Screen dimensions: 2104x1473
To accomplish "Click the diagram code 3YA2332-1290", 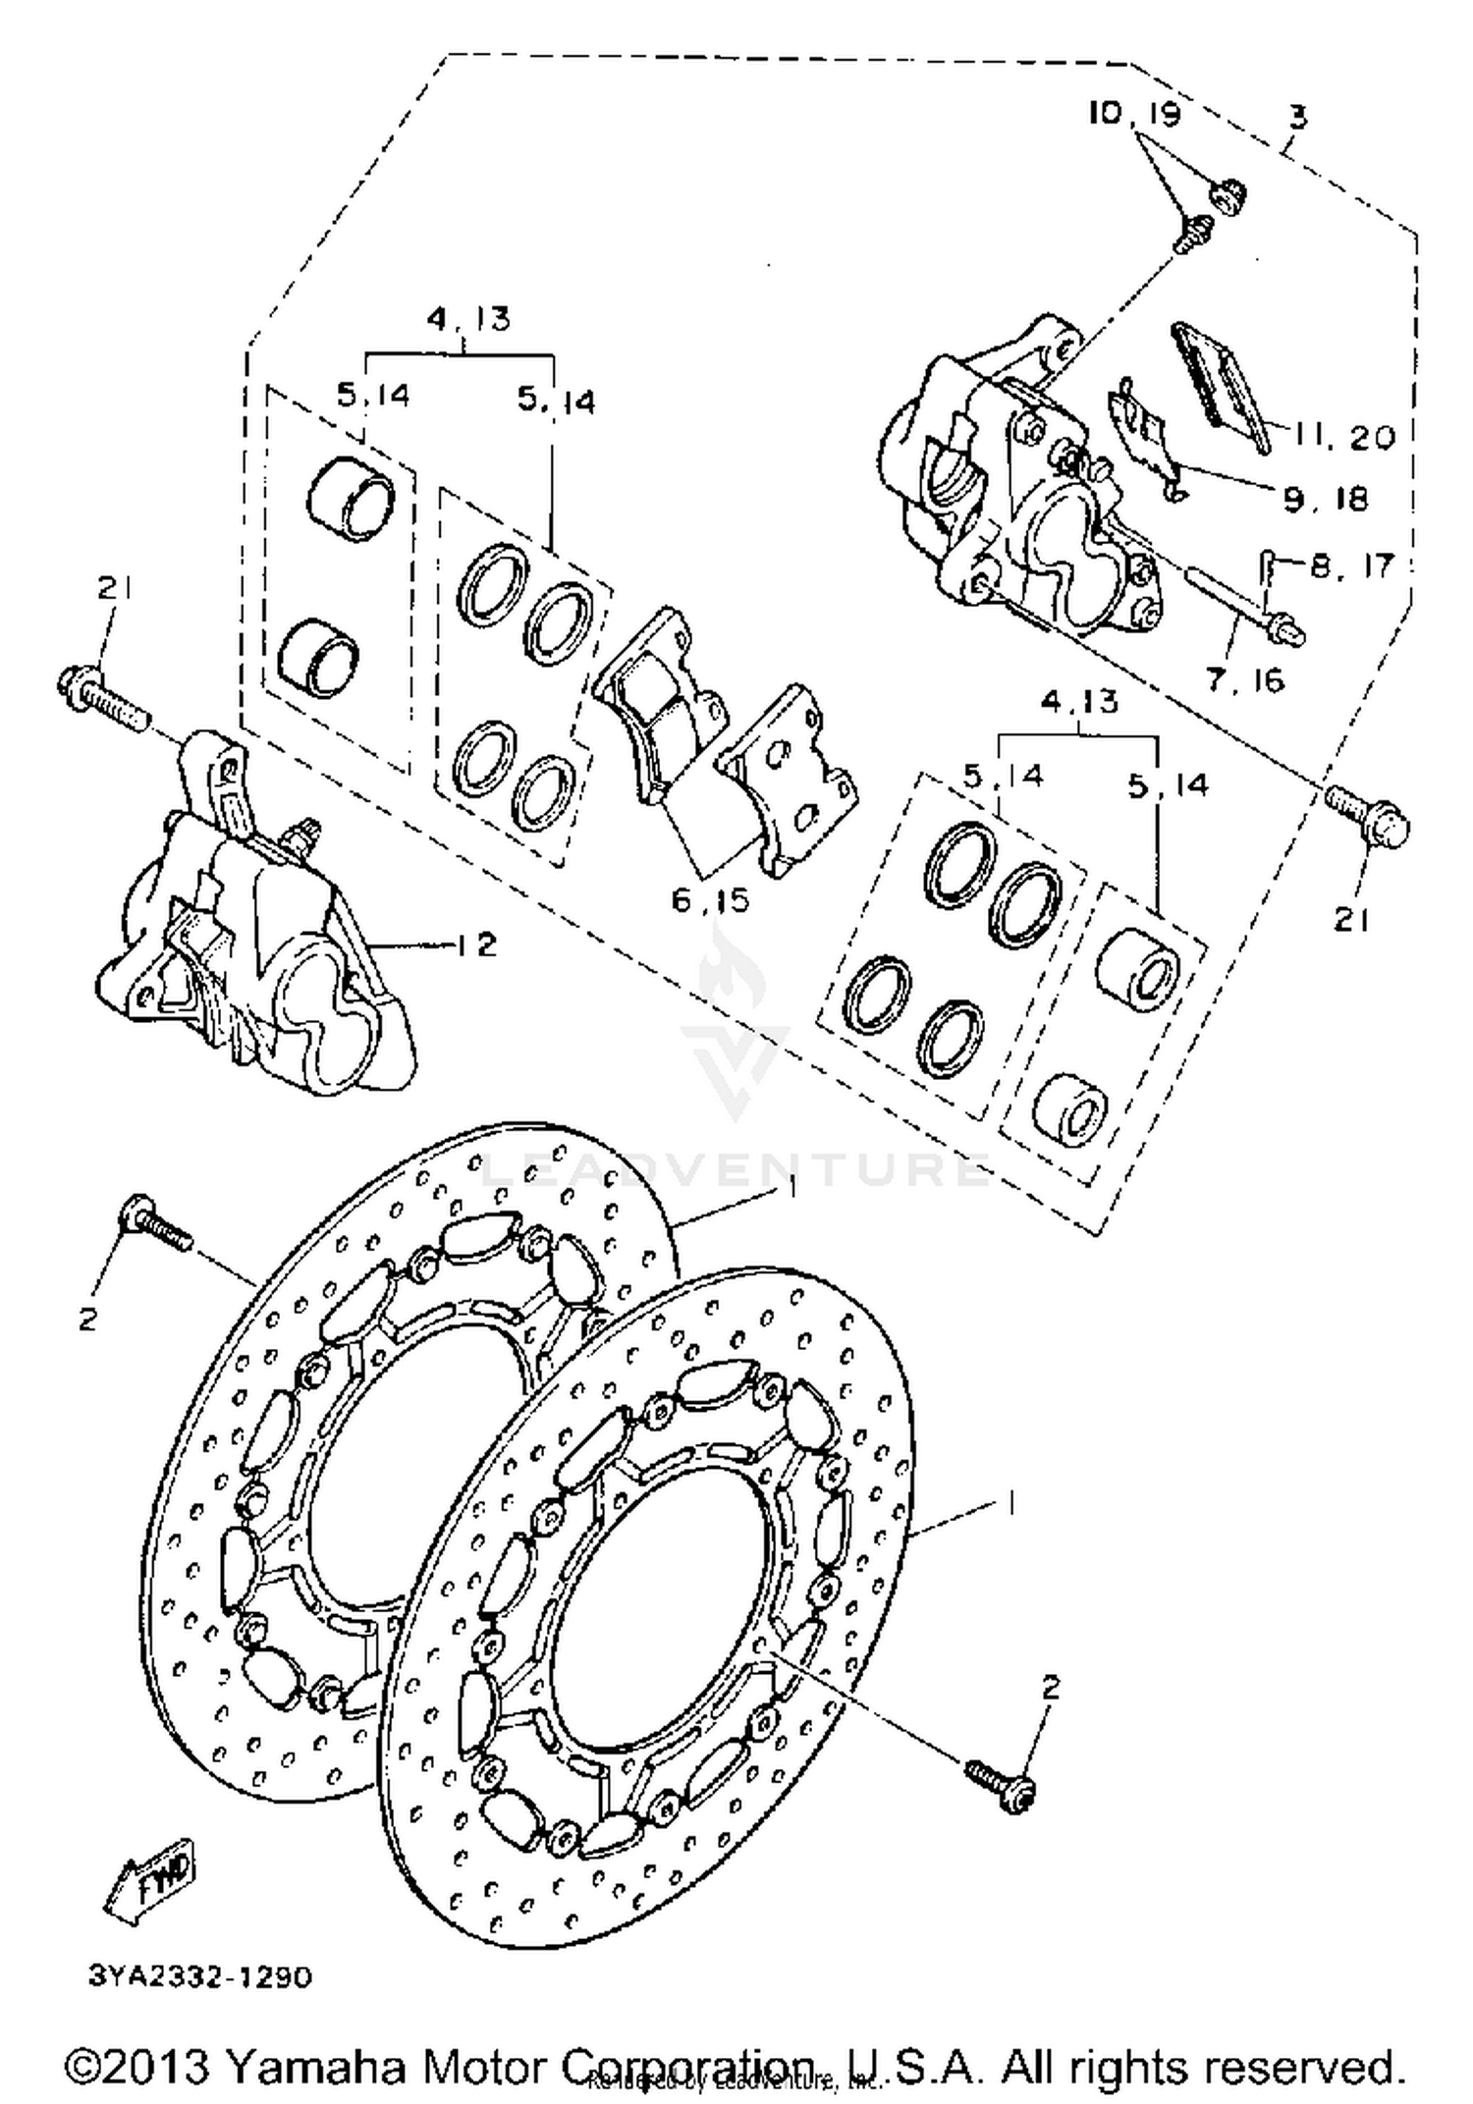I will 200,1976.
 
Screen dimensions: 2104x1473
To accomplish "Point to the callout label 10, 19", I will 1133,114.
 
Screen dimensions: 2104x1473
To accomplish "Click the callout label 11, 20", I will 1343,436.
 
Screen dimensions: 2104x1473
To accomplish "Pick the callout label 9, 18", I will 1326,500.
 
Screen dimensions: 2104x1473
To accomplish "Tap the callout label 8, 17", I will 1351,566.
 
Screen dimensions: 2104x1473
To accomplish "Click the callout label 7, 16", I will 1245,679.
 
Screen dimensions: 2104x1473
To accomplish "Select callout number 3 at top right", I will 1298,118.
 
